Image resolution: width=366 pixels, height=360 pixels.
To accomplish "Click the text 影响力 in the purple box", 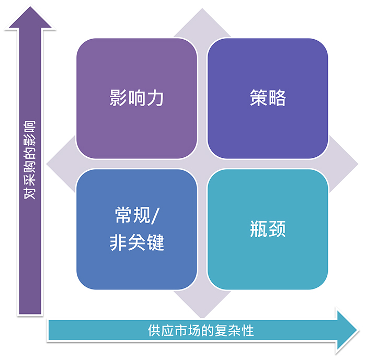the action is [136, 98].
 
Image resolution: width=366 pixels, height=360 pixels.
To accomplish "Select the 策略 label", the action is [268, 98].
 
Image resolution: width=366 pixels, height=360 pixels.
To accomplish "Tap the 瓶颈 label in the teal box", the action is [268, 229].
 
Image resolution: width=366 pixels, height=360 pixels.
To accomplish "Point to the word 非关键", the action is [137, 242].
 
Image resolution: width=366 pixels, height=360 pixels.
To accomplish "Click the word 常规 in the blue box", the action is [133, 215].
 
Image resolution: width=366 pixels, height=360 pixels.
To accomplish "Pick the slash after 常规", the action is [155, 216].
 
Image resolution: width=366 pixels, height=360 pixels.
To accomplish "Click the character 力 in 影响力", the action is [155, 98].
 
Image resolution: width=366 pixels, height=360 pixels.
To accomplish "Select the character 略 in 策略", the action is [277, 98].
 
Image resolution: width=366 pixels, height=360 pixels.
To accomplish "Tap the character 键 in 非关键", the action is [155, 242].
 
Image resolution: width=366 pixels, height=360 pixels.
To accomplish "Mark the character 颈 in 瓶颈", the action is [277, 229].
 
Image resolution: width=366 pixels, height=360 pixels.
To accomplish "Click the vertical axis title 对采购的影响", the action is [30, 160].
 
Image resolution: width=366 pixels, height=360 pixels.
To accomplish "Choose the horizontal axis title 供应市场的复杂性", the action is [201, 331].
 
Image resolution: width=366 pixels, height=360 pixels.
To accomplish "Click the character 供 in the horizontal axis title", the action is [154, 331].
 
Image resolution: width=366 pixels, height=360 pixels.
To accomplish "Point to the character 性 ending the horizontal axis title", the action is [247, 331].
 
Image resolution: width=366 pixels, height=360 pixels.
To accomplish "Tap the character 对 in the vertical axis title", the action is [30, 193].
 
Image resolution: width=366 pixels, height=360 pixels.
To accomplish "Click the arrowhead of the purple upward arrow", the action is [30, 18].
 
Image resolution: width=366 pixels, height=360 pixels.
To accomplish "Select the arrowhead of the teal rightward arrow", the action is [347, 331].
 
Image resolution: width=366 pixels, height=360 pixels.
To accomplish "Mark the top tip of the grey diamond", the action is [202, 9].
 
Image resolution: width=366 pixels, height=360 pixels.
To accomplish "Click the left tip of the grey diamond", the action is [47, 164].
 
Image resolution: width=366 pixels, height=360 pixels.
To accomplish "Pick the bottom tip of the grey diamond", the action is [202, 318].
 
